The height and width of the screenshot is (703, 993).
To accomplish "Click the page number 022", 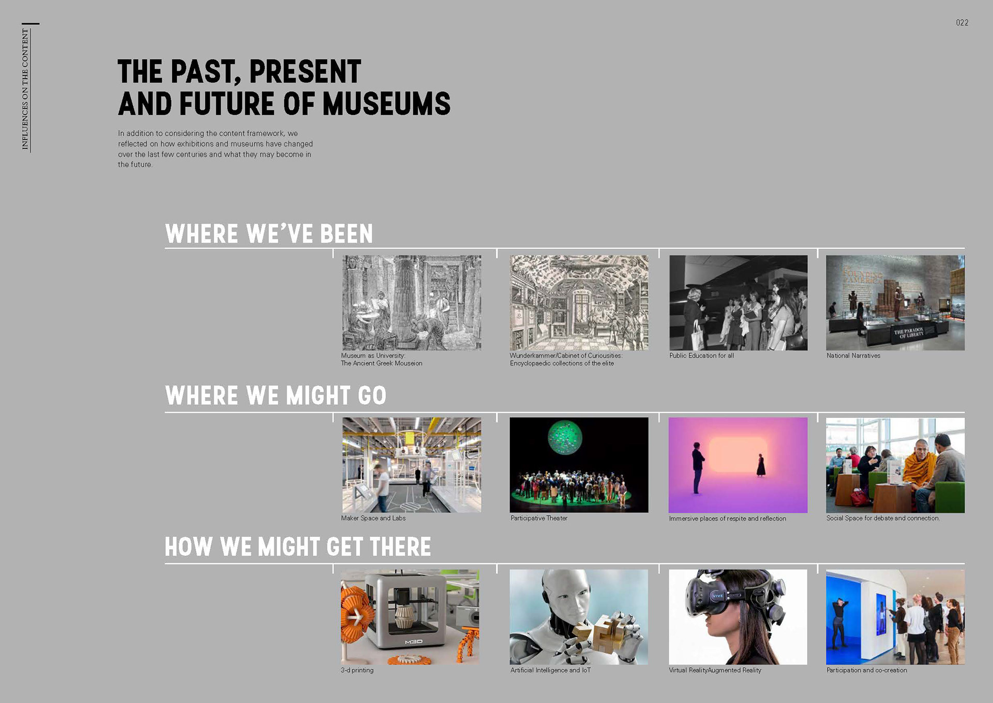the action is [962, 23].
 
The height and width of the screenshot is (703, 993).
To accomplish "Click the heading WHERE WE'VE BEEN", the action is [269, 234].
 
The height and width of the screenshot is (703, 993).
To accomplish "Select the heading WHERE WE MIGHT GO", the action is [276, 396].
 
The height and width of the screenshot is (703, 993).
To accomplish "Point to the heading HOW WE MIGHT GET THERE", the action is [298, 547].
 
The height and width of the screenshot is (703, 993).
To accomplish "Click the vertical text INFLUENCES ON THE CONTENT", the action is [25, 89].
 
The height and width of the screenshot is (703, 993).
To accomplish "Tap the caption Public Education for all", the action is [701, 356].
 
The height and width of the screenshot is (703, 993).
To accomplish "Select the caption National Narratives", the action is [853, 356].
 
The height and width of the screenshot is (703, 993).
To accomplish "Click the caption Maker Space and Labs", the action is [373, 518].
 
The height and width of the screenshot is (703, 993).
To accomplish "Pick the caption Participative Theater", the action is [539, 518].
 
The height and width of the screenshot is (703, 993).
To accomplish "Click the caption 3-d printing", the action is [357, 670].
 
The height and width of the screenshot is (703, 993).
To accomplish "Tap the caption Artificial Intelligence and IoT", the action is [550, 670].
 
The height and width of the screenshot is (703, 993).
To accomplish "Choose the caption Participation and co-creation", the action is [867, 670].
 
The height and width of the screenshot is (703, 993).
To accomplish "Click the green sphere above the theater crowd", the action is [565, 437].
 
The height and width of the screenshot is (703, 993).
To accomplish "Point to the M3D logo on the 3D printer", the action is [414, 642].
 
